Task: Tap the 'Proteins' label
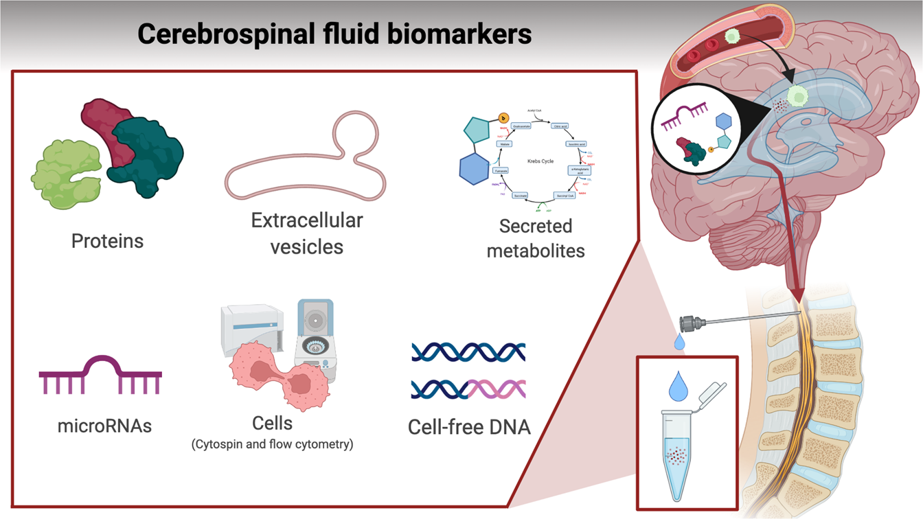108,241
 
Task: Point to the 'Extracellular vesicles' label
306,233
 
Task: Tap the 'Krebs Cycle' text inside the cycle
539,161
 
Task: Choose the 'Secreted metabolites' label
536,238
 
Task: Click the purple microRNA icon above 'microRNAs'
100,376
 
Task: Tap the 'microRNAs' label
104,426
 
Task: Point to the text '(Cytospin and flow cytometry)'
272,444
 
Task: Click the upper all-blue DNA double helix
468,351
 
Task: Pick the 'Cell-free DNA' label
469,427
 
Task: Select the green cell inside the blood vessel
733,36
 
